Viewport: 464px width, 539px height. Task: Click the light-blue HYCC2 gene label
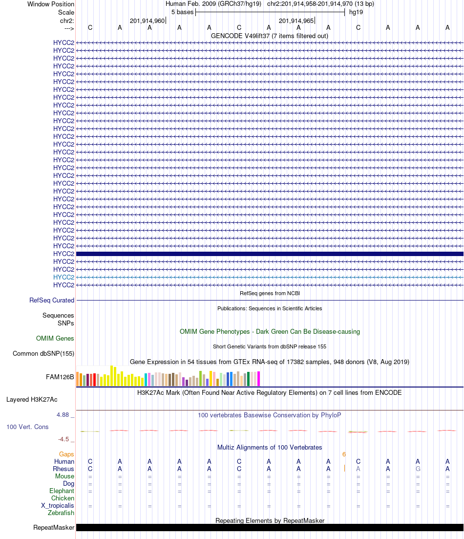(63, 277)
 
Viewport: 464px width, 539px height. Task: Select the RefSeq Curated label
(52, 301)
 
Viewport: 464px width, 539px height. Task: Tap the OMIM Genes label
(55, 339)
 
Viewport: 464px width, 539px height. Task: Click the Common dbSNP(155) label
(43, 354)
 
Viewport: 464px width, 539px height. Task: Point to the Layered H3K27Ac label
(40, 400)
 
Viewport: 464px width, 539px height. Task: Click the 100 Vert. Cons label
(27, 427)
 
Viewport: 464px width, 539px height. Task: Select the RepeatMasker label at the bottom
(54, 528)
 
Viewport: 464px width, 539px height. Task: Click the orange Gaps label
(66, 454)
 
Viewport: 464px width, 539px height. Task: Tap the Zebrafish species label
(61, 513)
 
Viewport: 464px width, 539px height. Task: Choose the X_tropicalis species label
(58, 506)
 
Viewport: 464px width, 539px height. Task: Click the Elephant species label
(62, 491)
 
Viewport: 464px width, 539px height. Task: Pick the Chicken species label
(63, 498)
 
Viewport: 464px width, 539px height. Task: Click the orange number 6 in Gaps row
(344, 454)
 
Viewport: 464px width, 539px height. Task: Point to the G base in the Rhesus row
(418, 469)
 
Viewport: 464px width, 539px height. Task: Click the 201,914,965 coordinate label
(296, 21)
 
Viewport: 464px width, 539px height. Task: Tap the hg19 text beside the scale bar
(356, 12)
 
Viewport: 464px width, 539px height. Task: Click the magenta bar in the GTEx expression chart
(259, 379)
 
